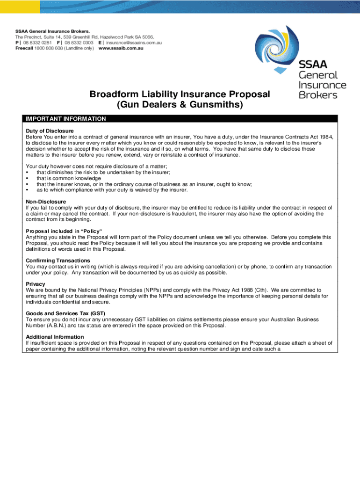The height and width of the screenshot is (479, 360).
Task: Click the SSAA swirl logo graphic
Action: click(x=290, y=49)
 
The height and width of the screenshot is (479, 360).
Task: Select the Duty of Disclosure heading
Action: click(x=50, y=131)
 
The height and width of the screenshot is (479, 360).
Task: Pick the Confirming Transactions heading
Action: click(x=58, y=261)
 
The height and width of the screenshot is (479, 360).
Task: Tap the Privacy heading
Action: click(x=36, y=284)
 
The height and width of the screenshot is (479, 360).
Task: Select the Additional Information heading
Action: click(x=55, y=337)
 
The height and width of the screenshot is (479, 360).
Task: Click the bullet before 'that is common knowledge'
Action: click(x=28, y=178)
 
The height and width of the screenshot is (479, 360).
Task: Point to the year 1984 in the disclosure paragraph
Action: click(x=325, y=137)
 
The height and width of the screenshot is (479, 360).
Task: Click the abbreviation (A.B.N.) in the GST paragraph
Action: click(x=56, y=326)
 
